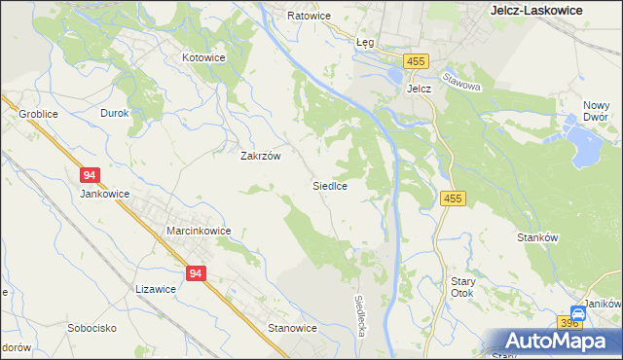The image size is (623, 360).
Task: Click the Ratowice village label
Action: click(310, 17)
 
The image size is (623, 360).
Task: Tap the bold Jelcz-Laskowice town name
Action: click(535, 10)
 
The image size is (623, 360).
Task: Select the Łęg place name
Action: click(365, 43)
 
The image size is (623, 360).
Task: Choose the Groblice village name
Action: click(38, 114)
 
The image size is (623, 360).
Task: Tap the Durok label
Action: click(115, 114)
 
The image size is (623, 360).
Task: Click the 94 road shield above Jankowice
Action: click(90, 175)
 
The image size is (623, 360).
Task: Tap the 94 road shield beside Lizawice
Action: click(196, 274)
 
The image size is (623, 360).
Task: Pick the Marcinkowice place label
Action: click(199, 231)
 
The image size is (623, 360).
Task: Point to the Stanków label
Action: click(536, 236)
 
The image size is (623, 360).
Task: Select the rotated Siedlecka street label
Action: click(360, 317)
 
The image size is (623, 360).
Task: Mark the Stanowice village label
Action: click(293, 328)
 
